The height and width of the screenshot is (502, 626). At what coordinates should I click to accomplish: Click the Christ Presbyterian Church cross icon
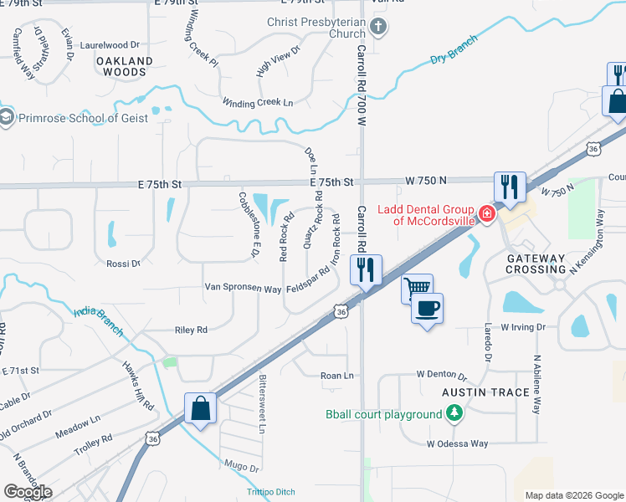click(x=378, y=27)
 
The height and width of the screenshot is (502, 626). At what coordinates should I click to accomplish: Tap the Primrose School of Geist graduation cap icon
click(x=7, y=118)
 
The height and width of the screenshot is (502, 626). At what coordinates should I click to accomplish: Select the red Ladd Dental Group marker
click(x=486, y=214)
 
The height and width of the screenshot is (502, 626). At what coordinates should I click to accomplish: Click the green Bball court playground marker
click(x=454, y=413)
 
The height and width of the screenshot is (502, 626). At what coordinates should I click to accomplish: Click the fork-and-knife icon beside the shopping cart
click(x=366, y=269)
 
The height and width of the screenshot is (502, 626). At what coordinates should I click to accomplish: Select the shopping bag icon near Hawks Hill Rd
click(x=200, y=408)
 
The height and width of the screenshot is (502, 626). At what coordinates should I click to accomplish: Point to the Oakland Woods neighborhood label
click(x=125, y=67)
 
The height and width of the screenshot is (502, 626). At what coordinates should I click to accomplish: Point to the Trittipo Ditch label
click(x=271, y=492)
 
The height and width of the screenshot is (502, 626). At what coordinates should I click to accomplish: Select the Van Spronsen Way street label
click(x=243, y=288)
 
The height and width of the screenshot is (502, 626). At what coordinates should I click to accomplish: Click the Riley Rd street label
click(x=191, y=330)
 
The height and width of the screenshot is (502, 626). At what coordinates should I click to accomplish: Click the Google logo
click(x=28, y=491)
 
